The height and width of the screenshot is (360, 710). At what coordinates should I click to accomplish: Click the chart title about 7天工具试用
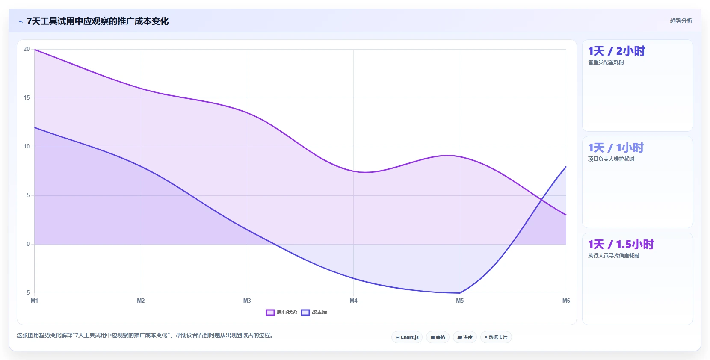pos(98,21)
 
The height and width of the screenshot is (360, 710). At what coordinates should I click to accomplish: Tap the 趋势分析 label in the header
pos(681,21)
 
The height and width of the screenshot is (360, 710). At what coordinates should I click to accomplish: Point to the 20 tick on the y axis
pos(27,49)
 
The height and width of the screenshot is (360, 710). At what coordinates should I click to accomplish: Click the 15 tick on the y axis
pos(27,98)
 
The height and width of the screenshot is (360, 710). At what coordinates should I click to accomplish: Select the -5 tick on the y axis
pos(27,293)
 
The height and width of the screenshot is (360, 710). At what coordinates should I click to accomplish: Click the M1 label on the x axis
pos(34,301)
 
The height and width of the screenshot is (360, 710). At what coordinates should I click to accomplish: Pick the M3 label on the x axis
pos(247,301)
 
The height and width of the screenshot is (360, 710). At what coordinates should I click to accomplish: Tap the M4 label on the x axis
pos(353,301)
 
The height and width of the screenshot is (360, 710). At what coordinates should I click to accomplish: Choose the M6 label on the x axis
pos(566,301)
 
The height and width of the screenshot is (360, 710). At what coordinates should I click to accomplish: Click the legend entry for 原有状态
pos(281,312)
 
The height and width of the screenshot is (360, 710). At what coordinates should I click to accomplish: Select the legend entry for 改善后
pos(314,312)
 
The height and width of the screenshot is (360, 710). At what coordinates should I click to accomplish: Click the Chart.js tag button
pos(407,337)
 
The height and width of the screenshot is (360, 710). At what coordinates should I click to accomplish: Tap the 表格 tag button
pos(438,337)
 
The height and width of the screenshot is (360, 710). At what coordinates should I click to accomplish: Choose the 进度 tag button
pos(464,337)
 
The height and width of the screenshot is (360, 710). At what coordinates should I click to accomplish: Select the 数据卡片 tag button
pos(496,337)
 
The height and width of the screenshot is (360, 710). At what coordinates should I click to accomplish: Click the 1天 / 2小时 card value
pos(616,51)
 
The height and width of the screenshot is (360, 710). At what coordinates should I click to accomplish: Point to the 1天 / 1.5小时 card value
pos(621,244)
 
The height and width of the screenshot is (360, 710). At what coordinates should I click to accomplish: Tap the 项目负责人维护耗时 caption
pos(611,159)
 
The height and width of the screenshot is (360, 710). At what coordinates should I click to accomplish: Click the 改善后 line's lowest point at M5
pos(460,293)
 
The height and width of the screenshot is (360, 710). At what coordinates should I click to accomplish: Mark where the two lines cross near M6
pos(541,200)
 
